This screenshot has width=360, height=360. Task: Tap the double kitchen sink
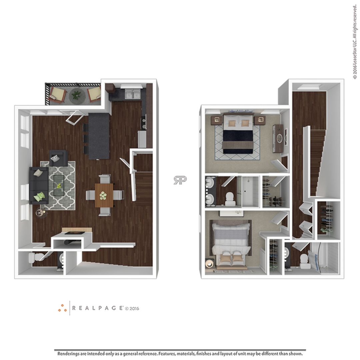coord(133,95)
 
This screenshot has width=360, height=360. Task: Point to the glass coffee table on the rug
coord(59,185)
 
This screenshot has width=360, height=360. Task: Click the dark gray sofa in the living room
coord(39,185)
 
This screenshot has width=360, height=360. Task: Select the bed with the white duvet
coord(231,243)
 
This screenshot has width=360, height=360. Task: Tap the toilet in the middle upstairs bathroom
coord(230,199)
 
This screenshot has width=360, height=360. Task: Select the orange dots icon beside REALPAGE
coord(62,308)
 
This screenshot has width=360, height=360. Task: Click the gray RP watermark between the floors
coord(180,180)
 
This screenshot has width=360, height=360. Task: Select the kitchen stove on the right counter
coord(143,122)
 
